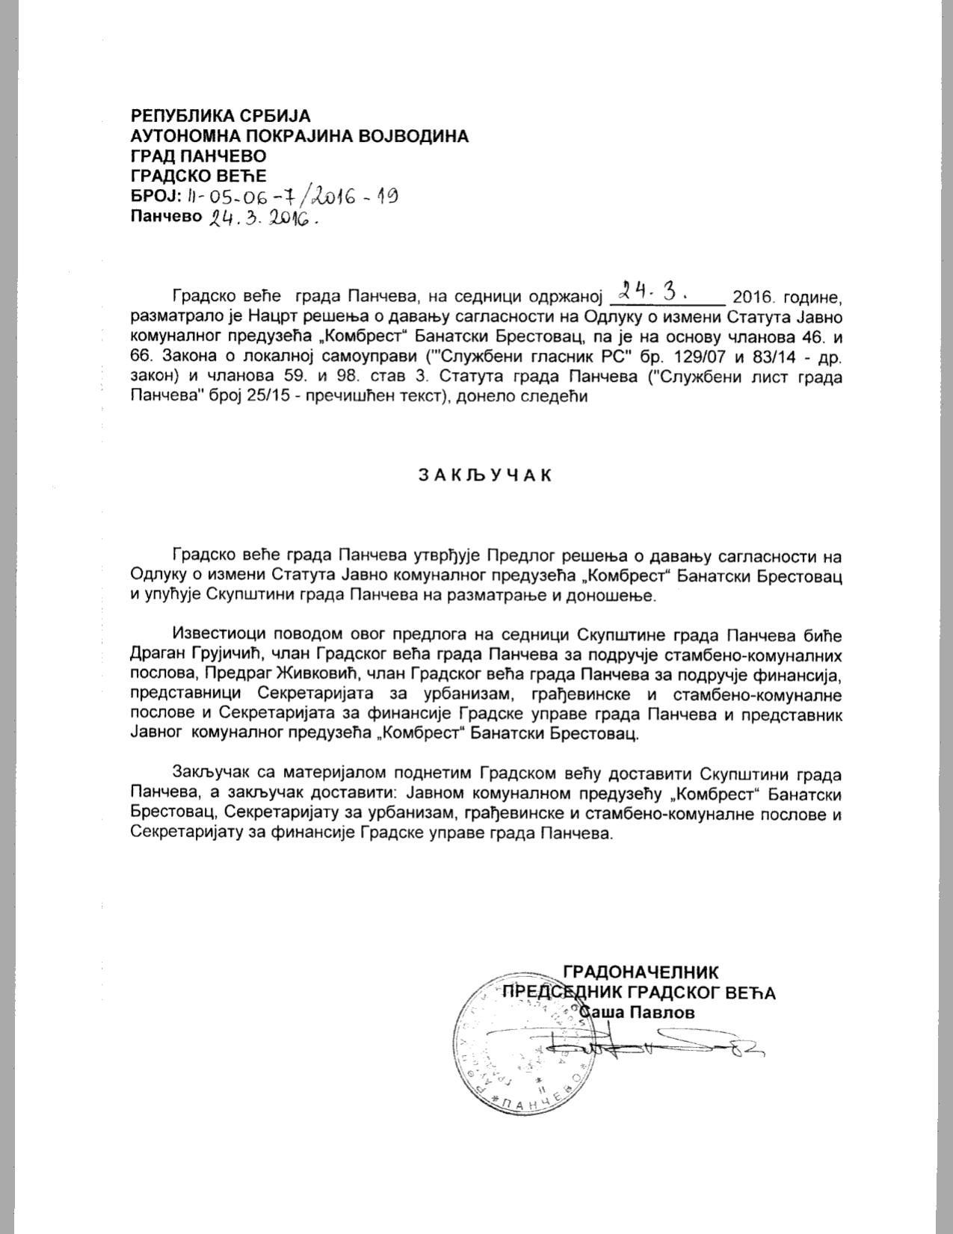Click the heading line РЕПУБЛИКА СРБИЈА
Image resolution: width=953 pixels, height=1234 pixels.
220,116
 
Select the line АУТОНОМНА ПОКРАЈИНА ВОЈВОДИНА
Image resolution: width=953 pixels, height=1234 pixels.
300,136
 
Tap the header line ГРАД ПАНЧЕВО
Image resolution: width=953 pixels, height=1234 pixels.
198,156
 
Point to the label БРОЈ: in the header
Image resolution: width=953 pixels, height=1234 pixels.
155,197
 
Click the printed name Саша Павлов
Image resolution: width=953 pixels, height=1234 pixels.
638,1013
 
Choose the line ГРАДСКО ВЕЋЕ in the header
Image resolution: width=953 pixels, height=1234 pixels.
198,176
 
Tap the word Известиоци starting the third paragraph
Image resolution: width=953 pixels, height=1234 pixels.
218,635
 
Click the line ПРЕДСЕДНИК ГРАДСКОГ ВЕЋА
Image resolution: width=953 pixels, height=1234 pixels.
639,993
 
